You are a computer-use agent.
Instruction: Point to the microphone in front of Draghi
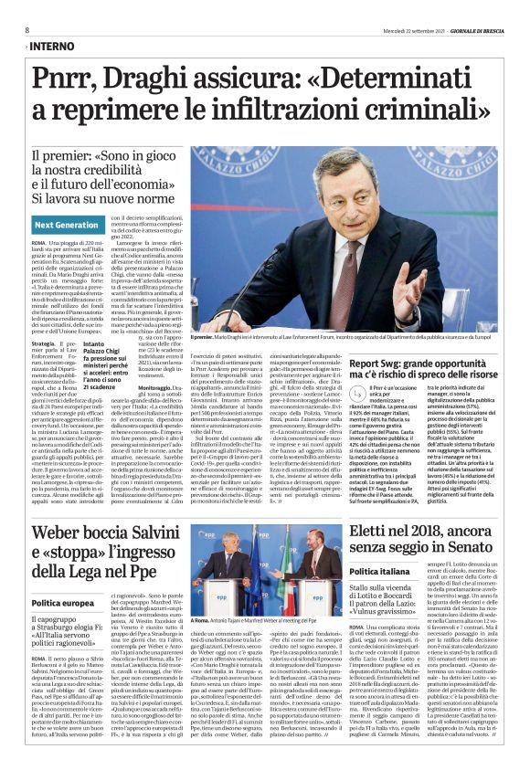(334, 301)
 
